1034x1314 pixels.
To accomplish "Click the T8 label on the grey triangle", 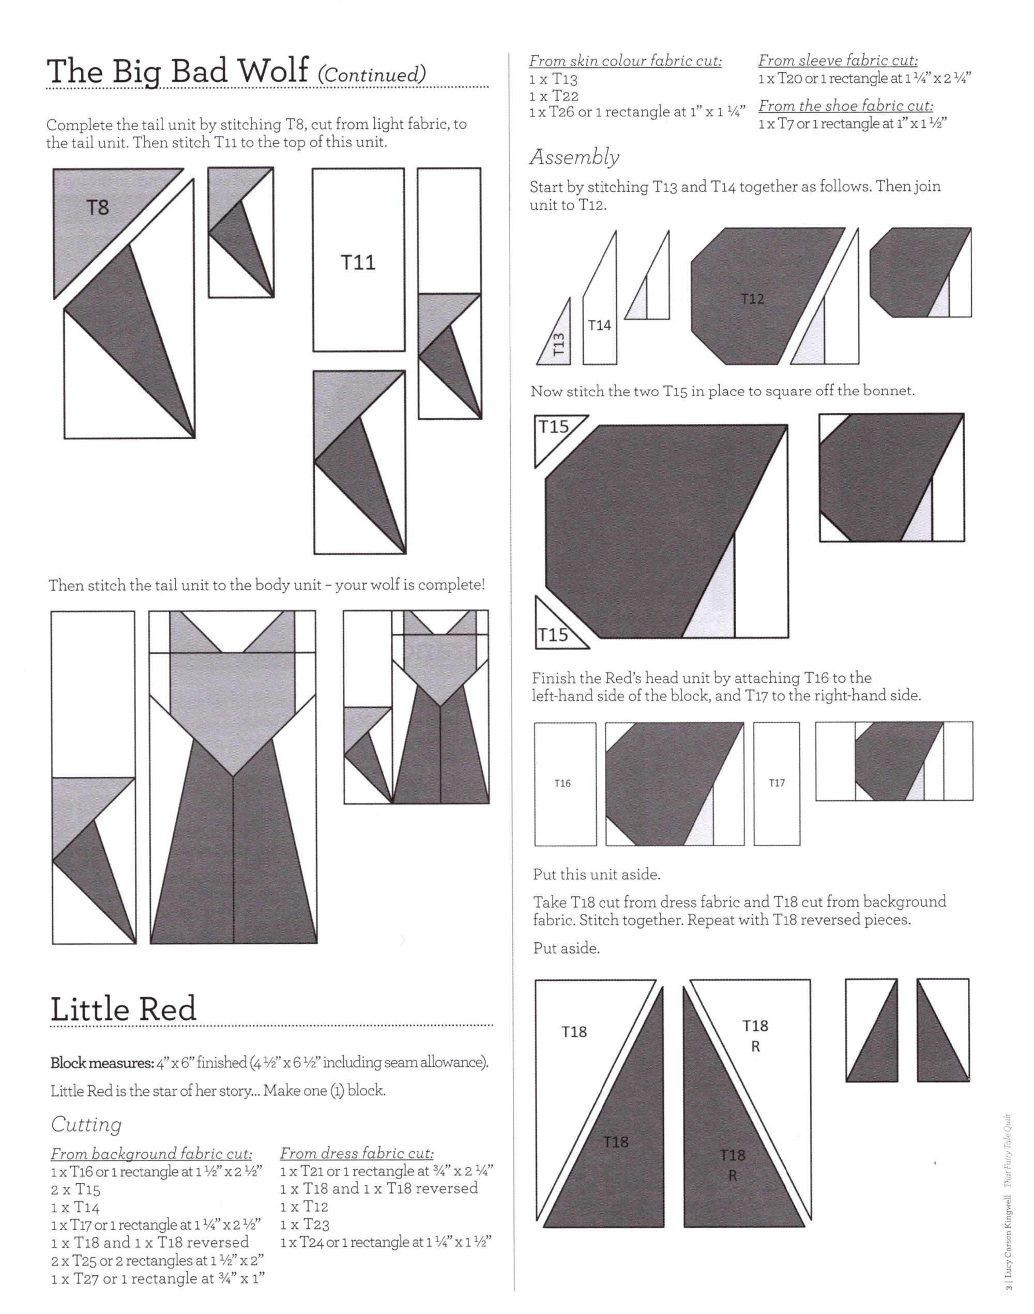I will click(98, 208).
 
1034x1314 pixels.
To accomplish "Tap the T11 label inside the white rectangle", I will click(358, 262).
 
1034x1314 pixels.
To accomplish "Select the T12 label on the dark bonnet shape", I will click(753, 298).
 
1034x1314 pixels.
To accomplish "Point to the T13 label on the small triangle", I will click(559, 344).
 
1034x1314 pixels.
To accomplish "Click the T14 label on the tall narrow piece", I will click(599, 326).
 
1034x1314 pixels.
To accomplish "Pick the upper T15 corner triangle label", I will click(553, 427).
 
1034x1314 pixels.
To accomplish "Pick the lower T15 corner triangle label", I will click(553, 635).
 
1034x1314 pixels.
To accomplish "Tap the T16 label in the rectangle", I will click(562, 784).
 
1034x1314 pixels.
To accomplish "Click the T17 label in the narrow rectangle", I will click(777, 783).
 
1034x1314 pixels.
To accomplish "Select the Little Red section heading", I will click(123, 1009).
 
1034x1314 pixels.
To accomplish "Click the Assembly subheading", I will click(574, 157).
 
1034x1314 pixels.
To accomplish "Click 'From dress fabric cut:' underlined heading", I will click(357, 1153).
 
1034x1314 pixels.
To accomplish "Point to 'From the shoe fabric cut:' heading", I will click(846, 106).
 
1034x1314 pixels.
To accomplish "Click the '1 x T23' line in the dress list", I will click(305, 1225).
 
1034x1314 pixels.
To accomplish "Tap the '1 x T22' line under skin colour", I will click(553, 96).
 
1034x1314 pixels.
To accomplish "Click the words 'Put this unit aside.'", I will click(596, 875).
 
